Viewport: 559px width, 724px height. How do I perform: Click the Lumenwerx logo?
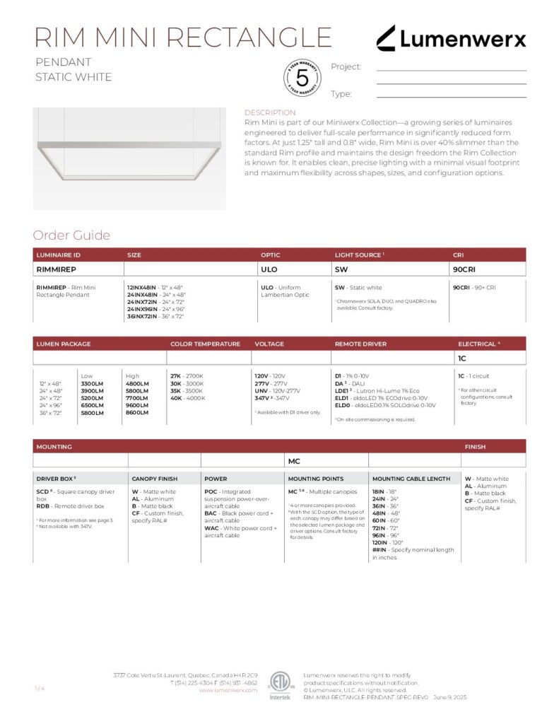[450, 38]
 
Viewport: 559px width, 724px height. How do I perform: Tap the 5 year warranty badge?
[302, 78]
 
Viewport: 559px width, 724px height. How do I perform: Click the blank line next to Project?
[451, 69]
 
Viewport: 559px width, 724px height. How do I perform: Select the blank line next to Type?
[451, 95]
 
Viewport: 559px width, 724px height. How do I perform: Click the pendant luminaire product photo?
[129, 158]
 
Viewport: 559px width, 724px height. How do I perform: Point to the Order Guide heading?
[71, 235]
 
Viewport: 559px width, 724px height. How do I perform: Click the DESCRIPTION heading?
[270, 112]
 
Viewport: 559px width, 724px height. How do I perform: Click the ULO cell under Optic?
[269, 269]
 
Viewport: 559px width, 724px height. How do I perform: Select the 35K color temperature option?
[177, 390]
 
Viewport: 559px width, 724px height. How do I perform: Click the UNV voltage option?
[261, 390]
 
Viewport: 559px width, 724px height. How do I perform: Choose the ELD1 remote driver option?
[342, 398]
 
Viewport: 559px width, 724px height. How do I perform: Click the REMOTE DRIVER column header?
[360, 344]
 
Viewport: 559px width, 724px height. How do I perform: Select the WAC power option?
[211, 528]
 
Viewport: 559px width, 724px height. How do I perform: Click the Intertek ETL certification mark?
[279, 685]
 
